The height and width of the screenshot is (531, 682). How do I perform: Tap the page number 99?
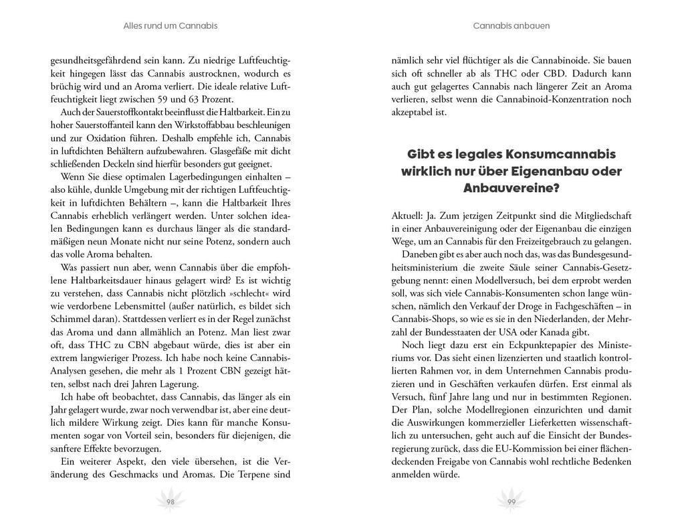click(511, 502)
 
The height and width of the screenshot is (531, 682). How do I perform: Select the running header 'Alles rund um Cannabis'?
click(170, 26)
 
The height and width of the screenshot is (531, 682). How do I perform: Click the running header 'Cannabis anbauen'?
click(511, 26)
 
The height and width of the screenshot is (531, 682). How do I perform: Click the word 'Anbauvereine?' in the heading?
click(511, 189)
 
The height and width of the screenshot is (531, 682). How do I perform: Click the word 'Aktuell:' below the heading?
click(409, 216)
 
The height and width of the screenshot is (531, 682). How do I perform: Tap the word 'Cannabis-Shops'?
click(425, 319)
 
